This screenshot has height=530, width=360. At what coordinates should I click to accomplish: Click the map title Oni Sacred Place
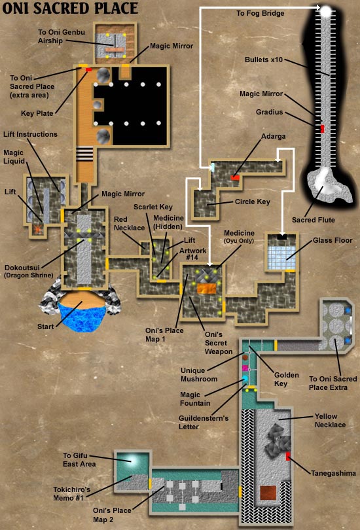(x=70, y=8)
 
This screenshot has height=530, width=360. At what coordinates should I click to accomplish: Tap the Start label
(x=46, y=327)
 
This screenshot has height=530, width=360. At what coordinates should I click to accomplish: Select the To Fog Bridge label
(x=261, y=13)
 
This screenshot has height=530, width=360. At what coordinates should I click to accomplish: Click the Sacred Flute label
(x=314, y=220)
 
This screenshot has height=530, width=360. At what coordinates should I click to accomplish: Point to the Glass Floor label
(x=333, y=240)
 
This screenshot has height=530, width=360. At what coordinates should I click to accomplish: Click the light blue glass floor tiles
(x=281, y=258)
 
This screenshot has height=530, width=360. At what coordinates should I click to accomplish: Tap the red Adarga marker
(x=235, y=177)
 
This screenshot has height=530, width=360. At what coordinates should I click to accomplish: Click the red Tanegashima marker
(x=288, y=456)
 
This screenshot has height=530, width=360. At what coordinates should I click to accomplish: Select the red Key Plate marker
(x=88, y=69)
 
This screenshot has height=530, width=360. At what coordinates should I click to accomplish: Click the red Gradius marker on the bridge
(x=322, y=128)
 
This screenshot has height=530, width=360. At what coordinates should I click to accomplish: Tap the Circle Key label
(x=253, y=202)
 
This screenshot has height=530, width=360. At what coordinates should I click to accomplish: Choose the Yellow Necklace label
(x=330, y=421)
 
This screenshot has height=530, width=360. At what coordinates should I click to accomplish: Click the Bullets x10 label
(x=264, y=60)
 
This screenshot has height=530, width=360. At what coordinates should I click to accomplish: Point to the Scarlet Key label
(x=153, y=207)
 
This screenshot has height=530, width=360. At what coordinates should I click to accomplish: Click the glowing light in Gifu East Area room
(x=132, y=460)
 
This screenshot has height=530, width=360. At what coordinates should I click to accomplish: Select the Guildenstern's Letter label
(x=204, y=422)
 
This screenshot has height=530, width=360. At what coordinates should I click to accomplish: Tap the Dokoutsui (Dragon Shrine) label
(x=29, y=271)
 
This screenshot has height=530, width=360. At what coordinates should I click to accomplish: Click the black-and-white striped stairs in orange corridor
(x=84, y=154)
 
